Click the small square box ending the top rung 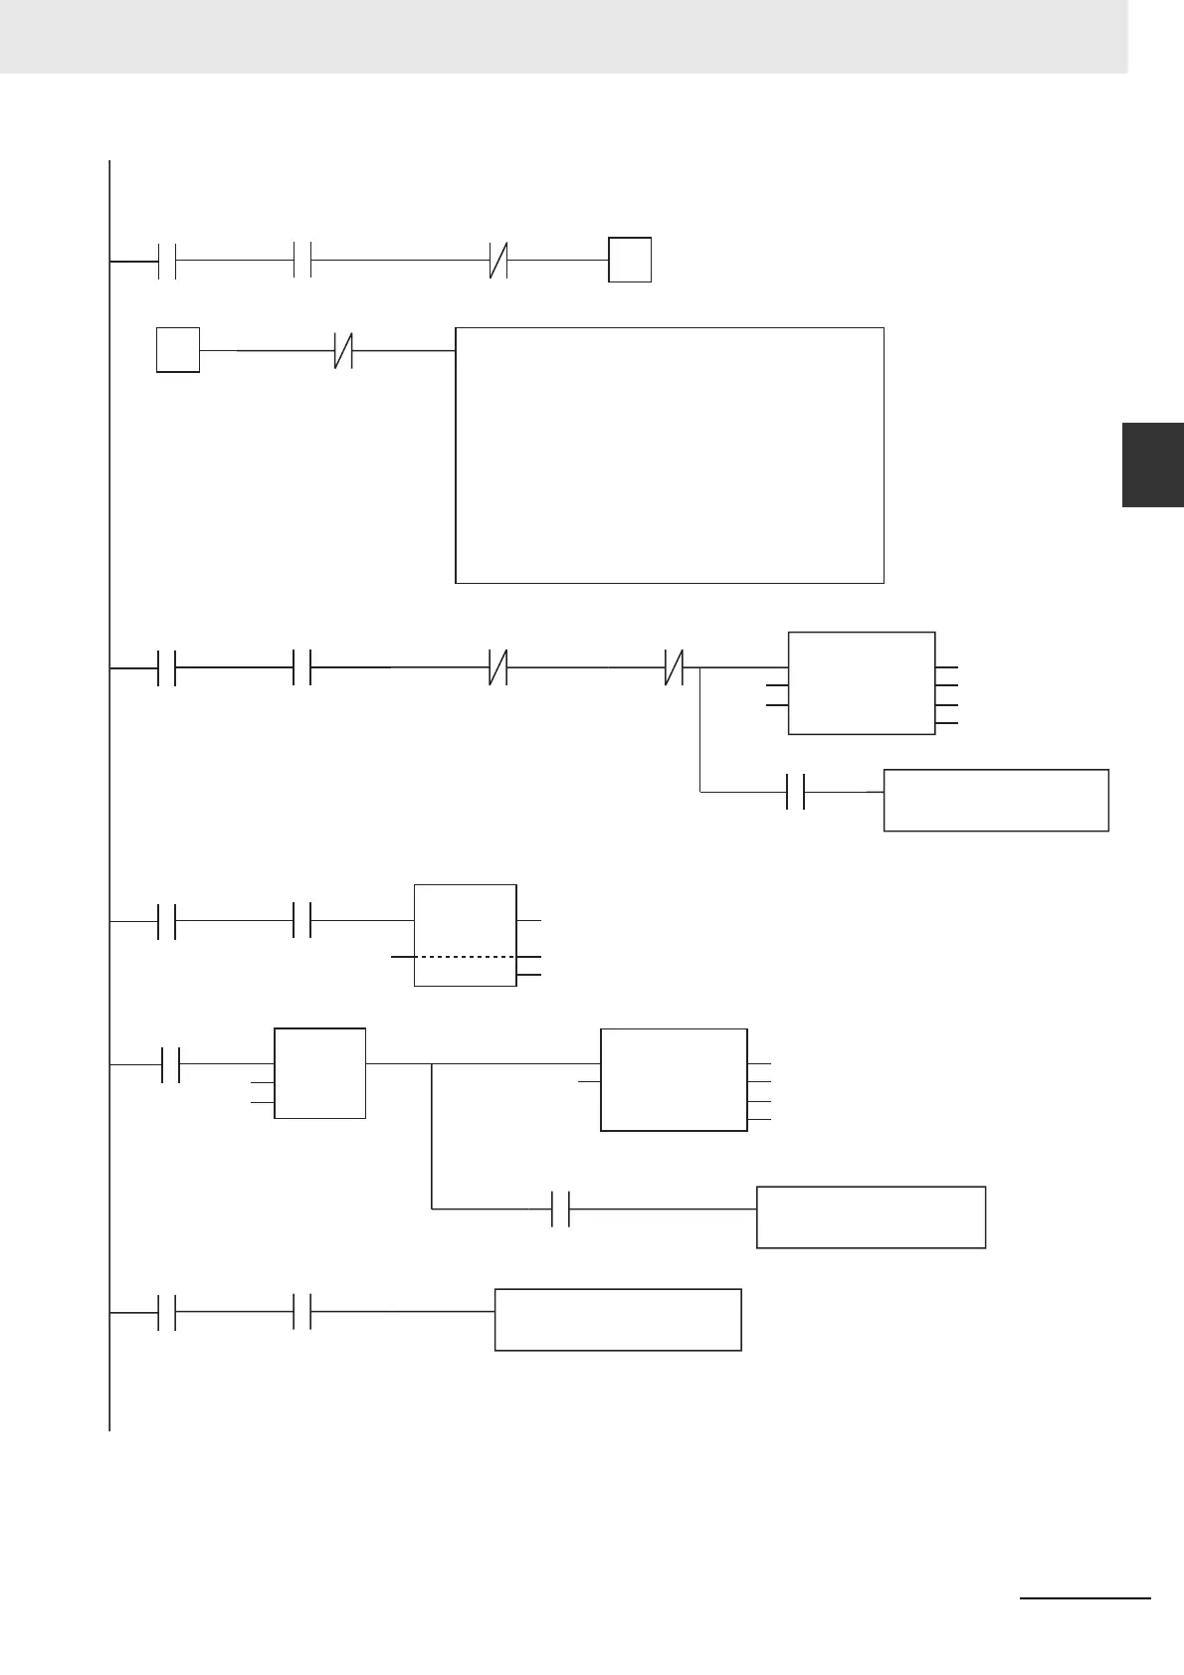point(630,260)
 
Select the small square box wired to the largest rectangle point(178,349)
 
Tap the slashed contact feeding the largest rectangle point(343,350)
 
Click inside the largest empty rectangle point(669,455)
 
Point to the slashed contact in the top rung point(499,260)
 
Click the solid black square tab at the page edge point(1152,465)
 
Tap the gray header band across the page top point(563,36)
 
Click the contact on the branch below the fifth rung point(561,1209)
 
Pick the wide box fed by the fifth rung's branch point(871,1216)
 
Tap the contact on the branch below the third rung point(795,792)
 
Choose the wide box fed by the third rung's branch point(995,800)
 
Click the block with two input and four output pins point(861,682)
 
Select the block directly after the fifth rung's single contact point(319,1072)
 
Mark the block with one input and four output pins point(674,1079)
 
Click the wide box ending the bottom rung point(618,1319)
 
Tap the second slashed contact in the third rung point(674,668)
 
